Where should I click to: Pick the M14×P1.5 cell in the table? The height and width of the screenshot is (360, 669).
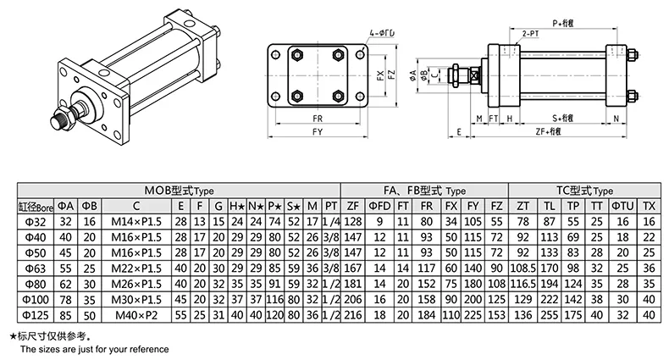coord(135,221)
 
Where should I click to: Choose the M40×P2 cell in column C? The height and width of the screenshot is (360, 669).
coord(135,314)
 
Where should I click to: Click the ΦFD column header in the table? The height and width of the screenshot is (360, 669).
coord(381,206)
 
